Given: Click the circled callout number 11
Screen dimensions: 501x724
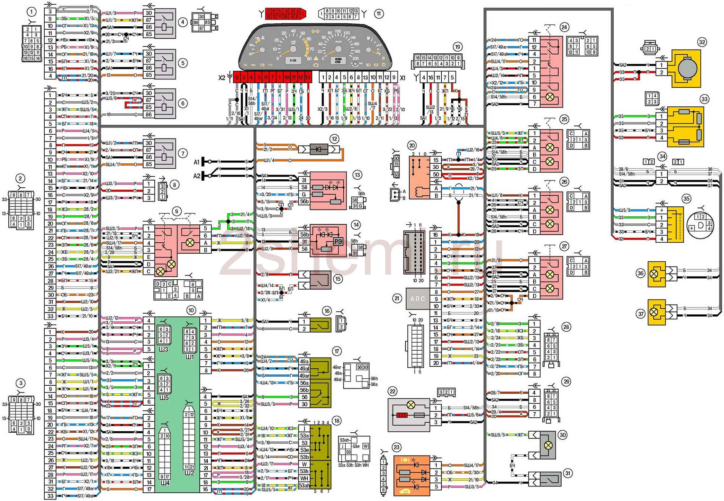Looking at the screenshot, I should click(x=378, y=14).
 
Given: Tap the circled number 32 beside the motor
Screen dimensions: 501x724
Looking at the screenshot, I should click(x=702, y=42).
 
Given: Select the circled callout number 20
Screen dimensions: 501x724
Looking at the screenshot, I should click(x=412, y=145).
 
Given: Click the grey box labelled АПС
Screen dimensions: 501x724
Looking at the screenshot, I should click(x=417, y=299).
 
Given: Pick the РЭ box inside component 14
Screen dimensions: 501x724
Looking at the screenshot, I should click(x=338, y=242).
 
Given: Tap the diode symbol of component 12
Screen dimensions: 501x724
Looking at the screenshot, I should click(x=318, y=149).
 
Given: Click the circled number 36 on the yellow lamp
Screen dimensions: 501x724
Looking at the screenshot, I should click(x=641, y=273).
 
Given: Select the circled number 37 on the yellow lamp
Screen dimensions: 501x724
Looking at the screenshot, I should click(x=641, y=314).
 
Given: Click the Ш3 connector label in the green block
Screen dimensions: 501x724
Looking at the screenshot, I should click(x=164, y=349).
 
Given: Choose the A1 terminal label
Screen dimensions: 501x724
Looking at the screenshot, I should click(x=196, y=162).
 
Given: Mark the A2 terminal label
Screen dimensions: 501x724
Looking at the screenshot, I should click(x=196, y=176).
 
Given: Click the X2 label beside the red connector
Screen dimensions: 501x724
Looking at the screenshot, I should click(x=222, y=78).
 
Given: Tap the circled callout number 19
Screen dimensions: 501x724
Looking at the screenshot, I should click(x=457, y=47).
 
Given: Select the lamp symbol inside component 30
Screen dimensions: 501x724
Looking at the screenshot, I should click(x=548, y=445).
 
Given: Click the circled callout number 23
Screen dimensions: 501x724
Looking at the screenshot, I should click(x=396, y=448).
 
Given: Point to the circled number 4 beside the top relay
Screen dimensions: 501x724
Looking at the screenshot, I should click(x=183, y=22).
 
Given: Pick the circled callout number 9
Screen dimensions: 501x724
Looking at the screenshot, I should click(x=176, y=211).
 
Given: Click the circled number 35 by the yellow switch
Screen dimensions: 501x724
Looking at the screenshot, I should click(x=687, y=199).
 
